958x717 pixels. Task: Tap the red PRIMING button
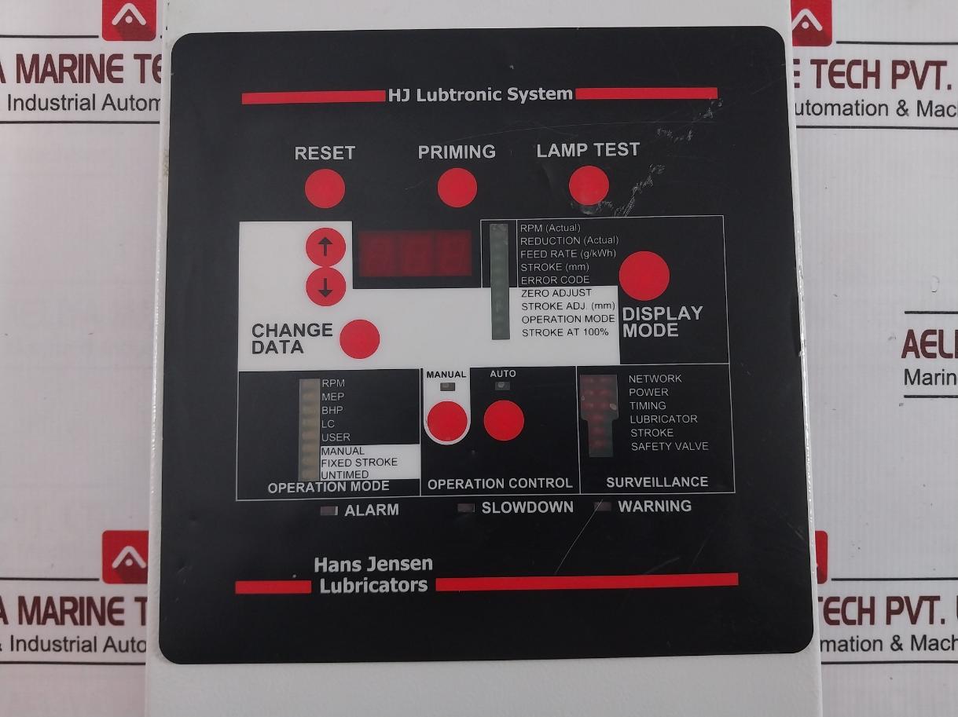(457, 188)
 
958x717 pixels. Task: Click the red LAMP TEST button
(589, 186)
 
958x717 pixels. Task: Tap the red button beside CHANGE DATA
(359, 339)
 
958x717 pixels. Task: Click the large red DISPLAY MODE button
(644, 276)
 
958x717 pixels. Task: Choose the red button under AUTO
(503, 420)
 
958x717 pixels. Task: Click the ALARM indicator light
(329, 510)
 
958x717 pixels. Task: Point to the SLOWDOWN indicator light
(467, 508)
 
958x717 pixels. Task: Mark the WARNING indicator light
(603, 507)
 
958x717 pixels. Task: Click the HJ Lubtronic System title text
(480, 95)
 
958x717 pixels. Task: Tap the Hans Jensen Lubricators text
(373, 575)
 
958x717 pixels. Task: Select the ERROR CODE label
(555, 280)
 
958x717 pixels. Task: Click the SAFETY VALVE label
(669, 446)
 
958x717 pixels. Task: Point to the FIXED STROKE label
(358, 463)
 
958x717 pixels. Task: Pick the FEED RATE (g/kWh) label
(567, 254)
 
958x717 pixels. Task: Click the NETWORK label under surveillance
(655, 379)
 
